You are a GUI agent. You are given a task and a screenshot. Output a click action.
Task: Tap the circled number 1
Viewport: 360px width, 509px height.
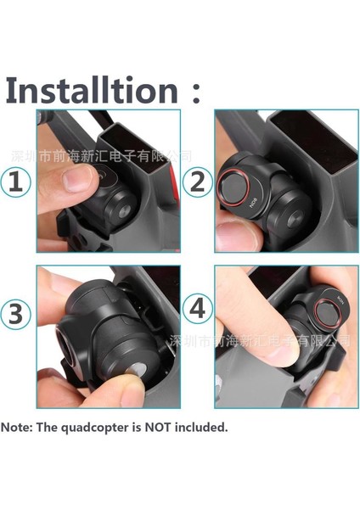tap(17, 181)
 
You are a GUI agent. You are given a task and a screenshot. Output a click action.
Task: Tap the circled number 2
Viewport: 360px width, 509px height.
tap(197, 181)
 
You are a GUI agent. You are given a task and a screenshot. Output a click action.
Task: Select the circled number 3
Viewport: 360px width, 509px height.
tap(17, 315)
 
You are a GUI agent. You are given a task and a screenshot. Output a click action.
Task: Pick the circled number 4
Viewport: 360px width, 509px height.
tap(197, 309)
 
